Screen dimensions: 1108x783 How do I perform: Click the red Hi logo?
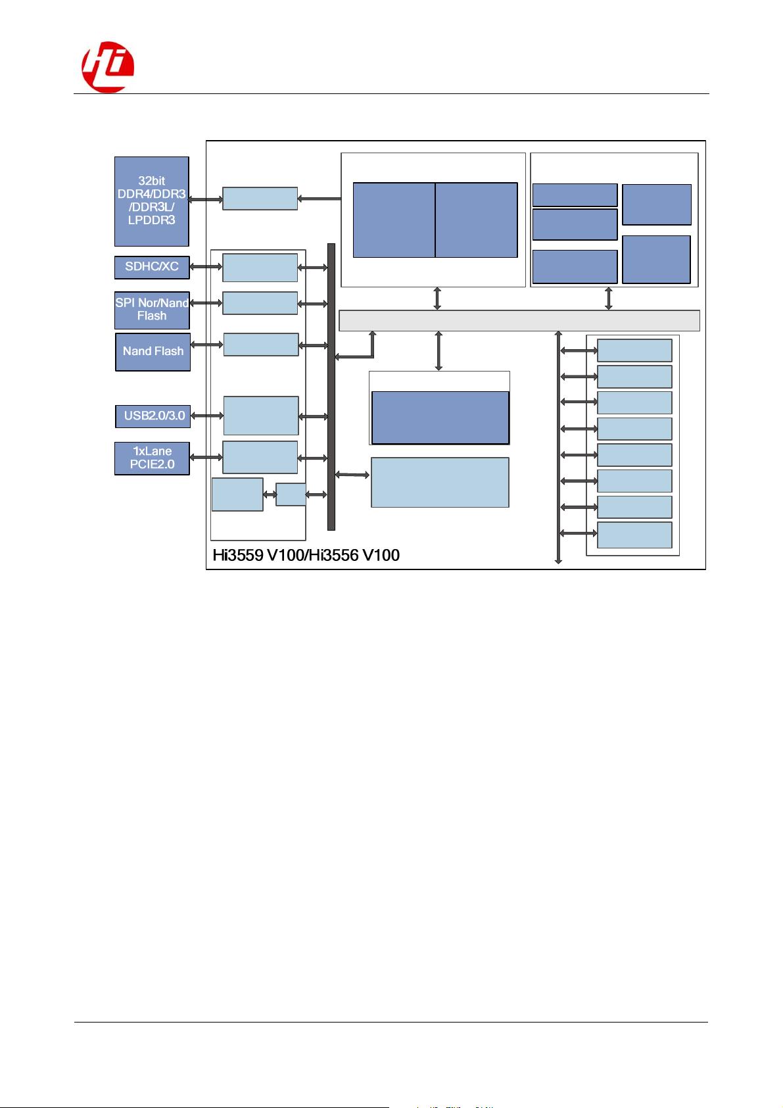[107, 68]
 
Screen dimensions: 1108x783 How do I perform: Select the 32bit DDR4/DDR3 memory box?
[151, 201]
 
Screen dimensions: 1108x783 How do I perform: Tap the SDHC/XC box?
[152, 267]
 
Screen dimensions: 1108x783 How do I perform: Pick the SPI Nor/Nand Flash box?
[152, 310]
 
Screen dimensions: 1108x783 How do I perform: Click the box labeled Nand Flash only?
[153, 352]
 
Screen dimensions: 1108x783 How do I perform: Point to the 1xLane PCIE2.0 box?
[152, 458]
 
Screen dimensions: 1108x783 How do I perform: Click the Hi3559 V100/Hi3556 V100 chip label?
[306, 555]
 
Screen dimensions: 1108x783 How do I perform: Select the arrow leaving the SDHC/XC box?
[206, 267]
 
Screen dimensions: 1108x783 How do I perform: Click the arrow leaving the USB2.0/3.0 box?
[206, 416]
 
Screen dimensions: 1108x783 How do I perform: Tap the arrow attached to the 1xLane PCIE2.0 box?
[206, 457]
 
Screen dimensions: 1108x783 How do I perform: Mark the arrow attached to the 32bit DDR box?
[205, 199]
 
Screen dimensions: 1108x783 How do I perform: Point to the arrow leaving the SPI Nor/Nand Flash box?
[206, 303]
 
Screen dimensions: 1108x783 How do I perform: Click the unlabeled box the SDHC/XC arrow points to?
[260, 267]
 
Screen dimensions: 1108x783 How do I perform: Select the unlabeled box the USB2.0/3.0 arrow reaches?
[260, 416]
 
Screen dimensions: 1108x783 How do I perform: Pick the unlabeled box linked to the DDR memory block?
[260, 199]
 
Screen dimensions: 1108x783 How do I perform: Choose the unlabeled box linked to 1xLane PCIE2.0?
[260, 457]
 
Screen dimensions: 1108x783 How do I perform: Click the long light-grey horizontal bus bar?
[519, 320]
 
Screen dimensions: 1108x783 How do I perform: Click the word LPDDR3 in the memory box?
[151, 220]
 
